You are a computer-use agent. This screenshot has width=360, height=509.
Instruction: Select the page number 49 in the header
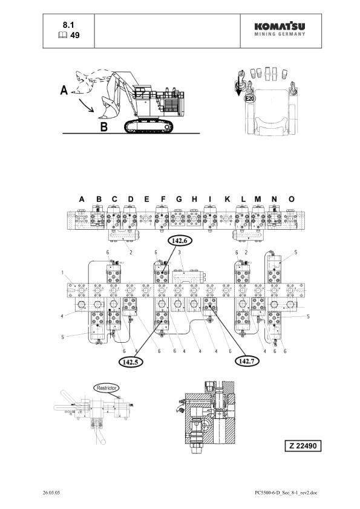coord(75,36)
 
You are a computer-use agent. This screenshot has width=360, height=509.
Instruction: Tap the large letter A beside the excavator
coord(64,91)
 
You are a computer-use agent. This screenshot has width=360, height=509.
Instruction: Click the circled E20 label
coord(250,97)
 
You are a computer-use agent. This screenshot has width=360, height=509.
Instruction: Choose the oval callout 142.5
coord(128,361)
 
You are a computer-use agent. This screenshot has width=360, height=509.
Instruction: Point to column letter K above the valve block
coord(227,198)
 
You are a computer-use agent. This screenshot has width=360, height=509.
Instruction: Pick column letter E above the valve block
coord(146,198)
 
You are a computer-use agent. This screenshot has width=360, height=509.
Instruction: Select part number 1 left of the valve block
coord(62,273)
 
